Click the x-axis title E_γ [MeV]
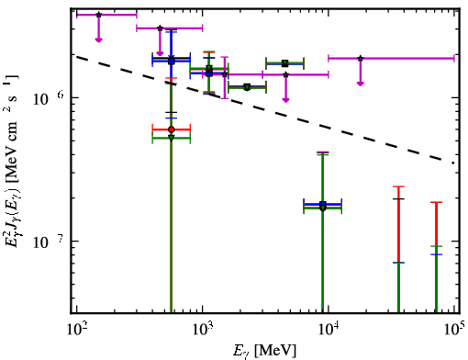coord(264,350)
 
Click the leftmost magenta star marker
coord(98,15)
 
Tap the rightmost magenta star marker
coord(361,58)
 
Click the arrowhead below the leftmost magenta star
coord(98,39)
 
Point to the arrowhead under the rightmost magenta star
coord(361,84)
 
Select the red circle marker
coord(172,129)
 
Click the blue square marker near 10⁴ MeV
coord(322,204)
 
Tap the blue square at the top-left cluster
coord(172,62)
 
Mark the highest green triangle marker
coord(284,63)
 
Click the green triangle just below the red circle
coord(172,138)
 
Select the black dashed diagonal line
coord(265,109)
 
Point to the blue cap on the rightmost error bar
coord(436,254)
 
